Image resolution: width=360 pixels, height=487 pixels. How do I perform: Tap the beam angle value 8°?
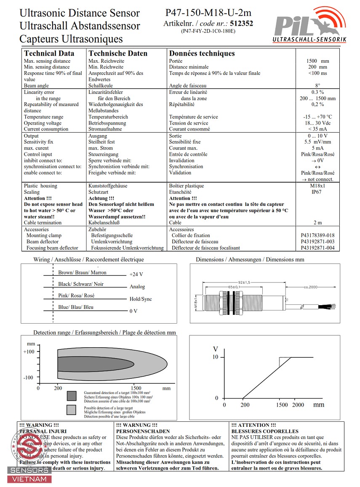(317, 86)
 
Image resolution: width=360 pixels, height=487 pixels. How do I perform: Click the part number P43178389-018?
(317, 235)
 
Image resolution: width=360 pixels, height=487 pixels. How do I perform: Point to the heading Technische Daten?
(118, 53)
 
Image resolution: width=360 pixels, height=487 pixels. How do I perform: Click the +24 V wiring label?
(136, 274)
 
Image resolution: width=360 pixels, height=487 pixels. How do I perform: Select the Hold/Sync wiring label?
(141, 299)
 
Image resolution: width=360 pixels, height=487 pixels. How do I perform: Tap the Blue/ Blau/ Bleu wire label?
(76, 307)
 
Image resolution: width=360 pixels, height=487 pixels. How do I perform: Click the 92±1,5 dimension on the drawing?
(244, 282)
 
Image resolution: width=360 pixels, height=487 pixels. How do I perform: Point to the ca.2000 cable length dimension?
(310, 287)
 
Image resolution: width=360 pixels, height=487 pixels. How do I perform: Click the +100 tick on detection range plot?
(28, 351)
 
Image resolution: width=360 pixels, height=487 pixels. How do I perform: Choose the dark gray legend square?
(72, 396)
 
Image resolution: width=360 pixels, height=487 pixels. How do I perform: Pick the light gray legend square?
(72, 410)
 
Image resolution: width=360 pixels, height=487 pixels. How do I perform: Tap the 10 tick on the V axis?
(216, 357)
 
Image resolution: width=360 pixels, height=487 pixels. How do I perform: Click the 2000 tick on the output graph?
(298, 405)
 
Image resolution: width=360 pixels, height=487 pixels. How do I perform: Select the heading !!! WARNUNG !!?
(136, 425)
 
